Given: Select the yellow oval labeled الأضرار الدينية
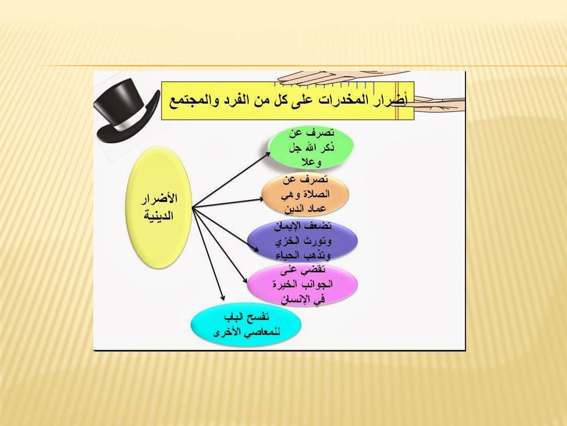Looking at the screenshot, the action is pos(158,207).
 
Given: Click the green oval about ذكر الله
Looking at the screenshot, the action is pos(311,147).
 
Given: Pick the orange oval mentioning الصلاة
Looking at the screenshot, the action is pos(305,195).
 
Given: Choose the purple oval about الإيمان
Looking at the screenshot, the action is pos(302,241).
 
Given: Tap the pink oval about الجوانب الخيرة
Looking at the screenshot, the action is pos(302,285).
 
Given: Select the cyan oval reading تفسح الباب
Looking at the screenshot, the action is pos(246,325).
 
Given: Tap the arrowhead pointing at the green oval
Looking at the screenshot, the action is pos(267,154).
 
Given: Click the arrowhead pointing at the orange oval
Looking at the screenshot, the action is pos(260,199).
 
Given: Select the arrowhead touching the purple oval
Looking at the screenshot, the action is pos(255,248).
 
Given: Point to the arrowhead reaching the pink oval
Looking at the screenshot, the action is pos(244,279).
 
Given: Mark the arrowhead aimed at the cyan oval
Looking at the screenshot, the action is pos(223,298).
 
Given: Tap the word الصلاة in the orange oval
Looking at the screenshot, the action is pos(315,195).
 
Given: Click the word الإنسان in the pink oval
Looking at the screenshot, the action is pos(297,299).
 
